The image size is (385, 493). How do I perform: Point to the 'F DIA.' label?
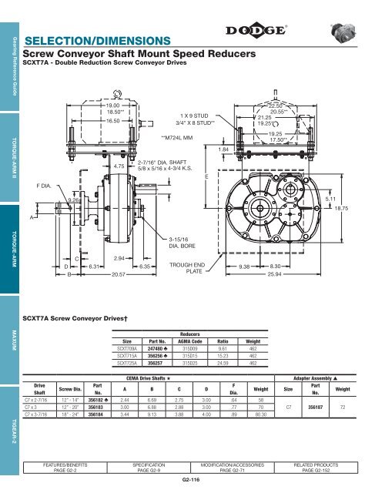(45, 186)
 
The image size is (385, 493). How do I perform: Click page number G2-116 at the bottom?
(193, 479)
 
